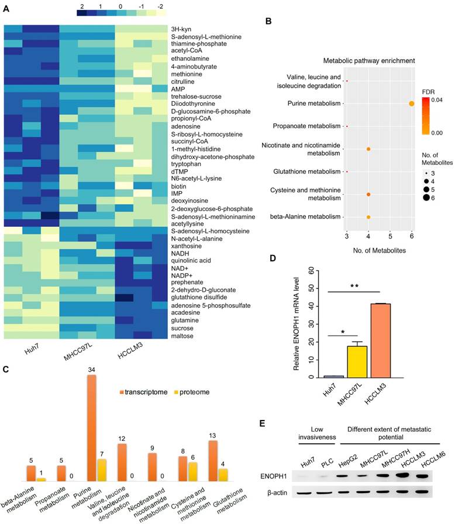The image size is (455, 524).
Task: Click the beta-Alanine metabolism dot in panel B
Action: [x=368, y=217]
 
